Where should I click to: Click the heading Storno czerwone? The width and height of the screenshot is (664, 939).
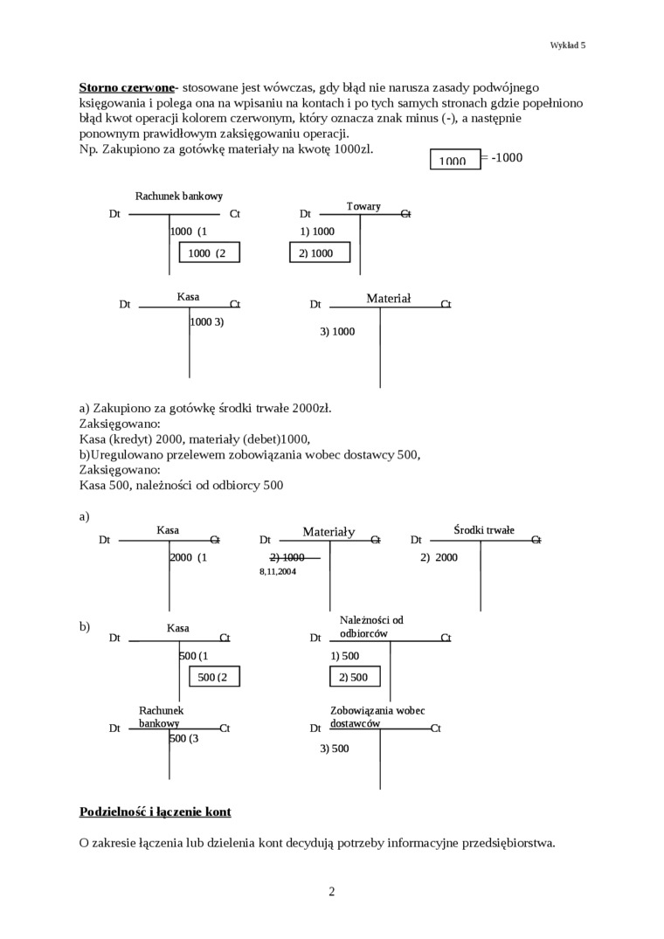coord(127,87)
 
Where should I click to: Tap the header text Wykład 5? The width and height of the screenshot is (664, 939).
coord(568,45)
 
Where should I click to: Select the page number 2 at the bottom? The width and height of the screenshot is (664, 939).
coord(332,891)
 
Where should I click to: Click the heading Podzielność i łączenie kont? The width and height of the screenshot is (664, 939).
coord(155,811)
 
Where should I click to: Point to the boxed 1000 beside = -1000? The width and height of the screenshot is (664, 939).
coord(454,160)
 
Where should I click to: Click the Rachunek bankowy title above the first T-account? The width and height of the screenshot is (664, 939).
coord(179,197)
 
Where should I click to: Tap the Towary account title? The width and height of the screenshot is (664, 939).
coord(363,206)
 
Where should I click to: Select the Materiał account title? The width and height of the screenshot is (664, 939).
coord(388,298)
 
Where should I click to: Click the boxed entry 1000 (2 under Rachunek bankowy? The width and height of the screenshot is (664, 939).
coord(209,252)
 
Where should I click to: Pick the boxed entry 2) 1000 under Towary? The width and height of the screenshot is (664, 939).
coord(319,252)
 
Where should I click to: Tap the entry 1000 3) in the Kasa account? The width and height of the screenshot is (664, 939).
coord(207,321)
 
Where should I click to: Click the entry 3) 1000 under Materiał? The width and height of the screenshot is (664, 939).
coord(337,331)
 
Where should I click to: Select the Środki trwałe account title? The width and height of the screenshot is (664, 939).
coord(484,530)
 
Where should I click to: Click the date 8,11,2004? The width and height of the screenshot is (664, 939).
coord(278,570)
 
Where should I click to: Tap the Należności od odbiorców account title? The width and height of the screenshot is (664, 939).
coord(371,626)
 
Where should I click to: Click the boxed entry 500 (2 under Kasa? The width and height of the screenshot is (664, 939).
coord(209,677)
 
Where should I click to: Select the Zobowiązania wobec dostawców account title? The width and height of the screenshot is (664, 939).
coord(377,717)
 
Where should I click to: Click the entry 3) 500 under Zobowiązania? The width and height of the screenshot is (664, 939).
coord(334,748)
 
